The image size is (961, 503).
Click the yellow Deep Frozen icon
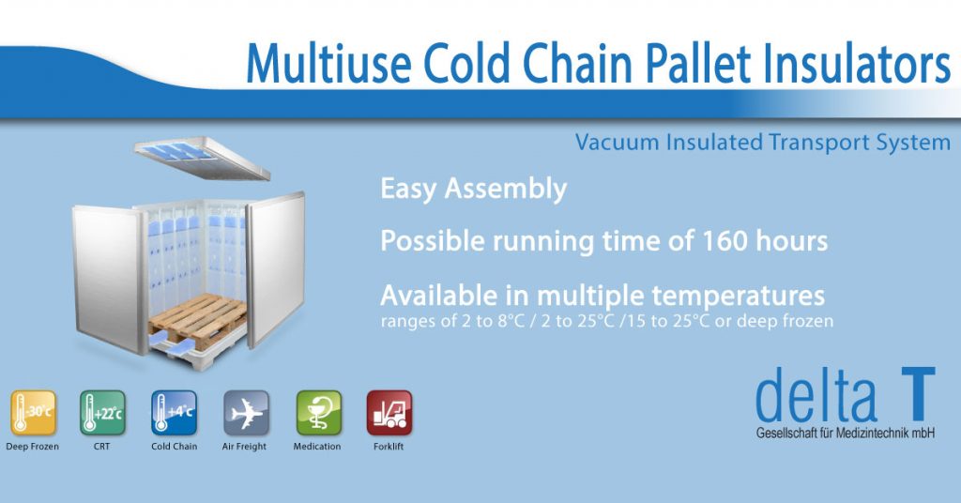coord(33,413)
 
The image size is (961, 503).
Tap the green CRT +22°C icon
coord(102,413)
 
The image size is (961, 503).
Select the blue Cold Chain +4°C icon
coord(175,413)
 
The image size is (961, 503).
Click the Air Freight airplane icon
coord(246,413)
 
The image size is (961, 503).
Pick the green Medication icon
coord(318,413)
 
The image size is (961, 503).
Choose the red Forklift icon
coord(389,413)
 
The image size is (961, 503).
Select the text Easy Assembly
coord(473,190)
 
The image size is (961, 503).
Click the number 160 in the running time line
coord(727,241)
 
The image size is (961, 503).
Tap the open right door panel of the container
coord(276,267)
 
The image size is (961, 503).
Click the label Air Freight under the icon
coord(246,447)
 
